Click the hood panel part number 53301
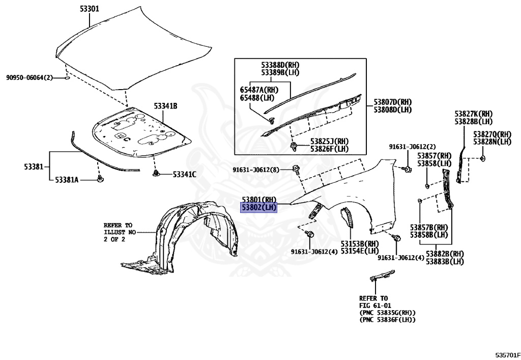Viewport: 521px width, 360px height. [89, 9]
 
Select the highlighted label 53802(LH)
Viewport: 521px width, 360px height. [259, 207]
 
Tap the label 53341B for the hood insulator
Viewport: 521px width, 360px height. [165, 106]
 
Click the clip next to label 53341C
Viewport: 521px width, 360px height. [156, 174]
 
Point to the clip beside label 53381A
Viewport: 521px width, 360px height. [100, 179]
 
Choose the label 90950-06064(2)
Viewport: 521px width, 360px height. [30, 77]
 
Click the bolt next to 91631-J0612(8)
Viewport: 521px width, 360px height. [297, 169]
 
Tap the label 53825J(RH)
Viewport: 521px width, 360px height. [329, 141]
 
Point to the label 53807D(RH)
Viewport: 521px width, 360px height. [392, 102]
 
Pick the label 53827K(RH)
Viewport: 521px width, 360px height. [473, 114]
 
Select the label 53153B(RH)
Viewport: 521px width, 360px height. [360, 243]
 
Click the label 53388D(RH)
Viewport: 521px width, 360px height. [280, 65]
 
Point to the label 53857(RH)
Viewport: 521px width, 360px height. [435, 156]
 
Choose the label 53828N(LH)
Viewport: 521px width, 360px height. [491, 142]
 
